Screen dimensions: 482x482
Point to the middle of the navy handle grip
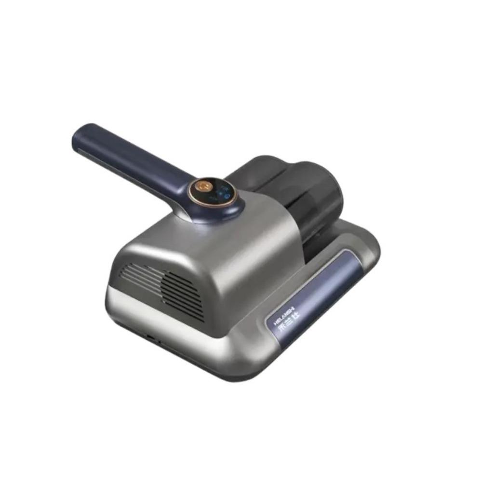[x=130, y=154]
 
